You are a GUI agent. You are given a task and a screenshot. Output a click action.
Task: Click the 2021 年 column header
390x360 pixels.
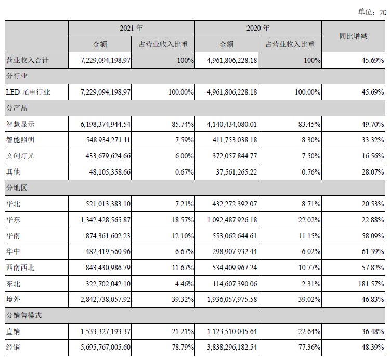pos(131,28)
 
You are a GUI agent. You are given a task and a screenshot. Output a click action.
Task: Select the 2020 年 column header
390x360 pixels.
pos(258,28)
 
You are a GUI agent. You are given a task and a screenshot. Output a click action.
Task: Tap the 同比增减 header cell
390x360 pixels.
pos(353,36)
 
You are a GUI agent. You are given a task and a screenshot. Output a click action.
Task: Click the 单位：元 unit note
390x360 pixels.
pos(371,11)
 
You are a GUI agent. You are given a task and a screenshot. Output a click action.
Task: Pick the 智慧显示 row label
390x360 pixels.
pos(20,124)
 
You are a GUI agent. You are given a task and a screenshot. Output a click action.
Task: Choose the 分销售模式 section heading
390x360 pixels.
pos(24,315)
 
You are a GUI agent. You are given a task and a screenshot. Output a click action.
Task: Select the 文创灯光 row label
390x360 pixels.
pos(20,156)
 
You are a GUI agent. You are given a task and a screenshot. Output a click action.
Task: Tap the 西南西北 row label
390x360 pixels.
pos(20,268)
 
